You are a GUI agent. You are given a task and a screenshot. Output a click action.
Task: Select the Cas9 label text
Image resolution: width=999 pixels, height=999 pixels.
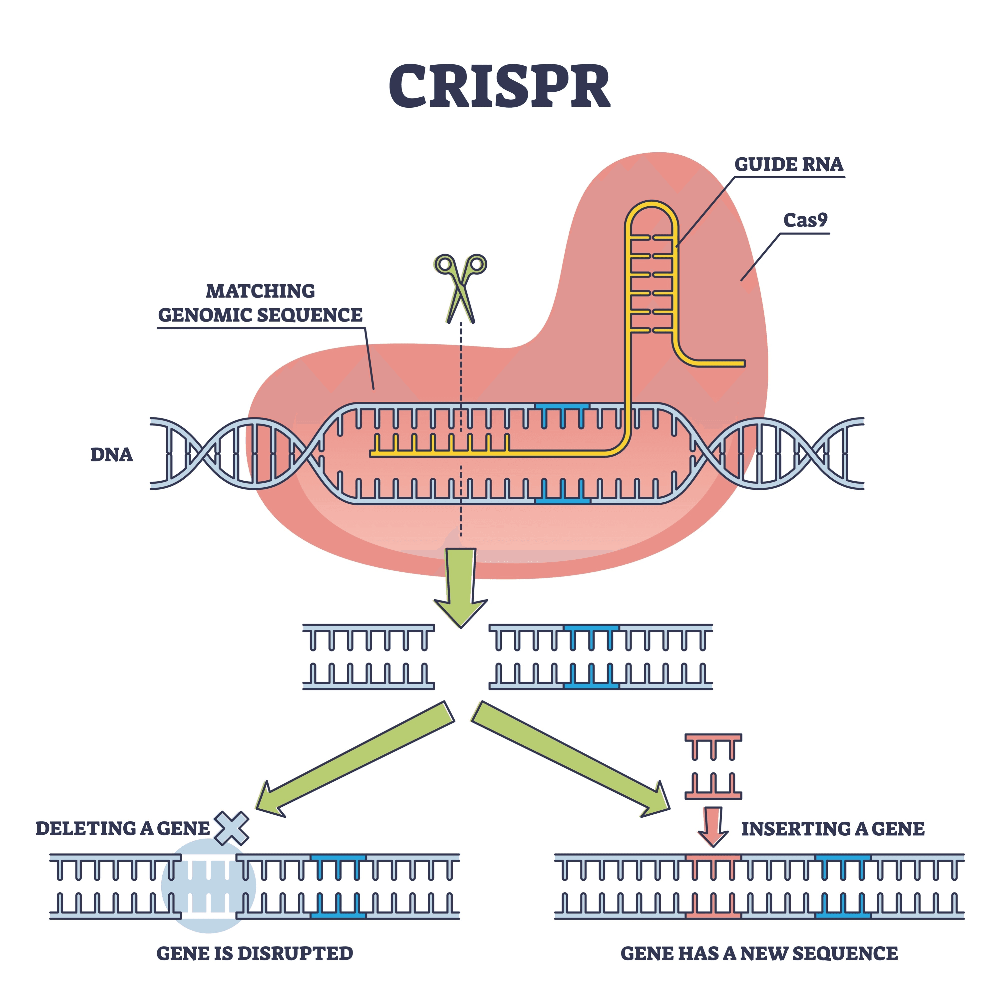[x=805, y=221]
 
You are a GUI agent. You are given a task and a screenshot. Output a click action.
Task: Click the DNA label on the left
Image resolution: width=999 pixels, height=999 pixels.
[x=111, y=455]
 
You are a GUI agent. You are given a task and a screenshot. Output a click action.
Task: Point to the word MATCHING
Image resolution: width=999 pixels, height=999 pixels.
[x=260, y=291]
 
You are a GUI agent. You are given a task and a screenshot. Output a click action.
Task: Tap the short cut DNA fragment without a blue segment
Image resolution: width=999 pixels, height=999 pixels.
[x=368, y=657]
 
